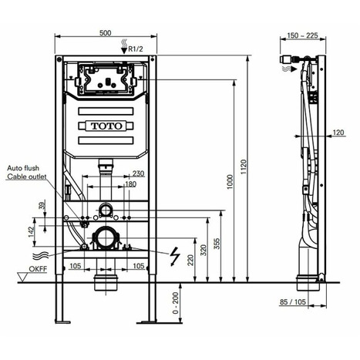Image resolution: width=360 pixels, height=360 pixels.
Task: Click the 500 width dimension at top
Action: coord(107,32)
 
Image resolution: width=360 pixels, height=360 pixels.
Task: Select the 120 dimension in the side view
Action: coord(338,133)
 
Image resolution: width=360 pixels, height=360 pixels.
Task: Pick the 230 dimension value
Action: coord(137,173)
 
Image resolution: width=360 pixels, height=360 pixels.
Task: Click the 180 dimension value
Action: coord(131,183)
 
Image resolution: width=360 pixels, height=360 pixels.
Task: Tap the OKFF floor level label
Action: coord(38,271)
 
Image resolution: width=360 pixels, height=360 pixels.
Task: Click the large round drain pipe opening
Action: coord(105,240)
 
